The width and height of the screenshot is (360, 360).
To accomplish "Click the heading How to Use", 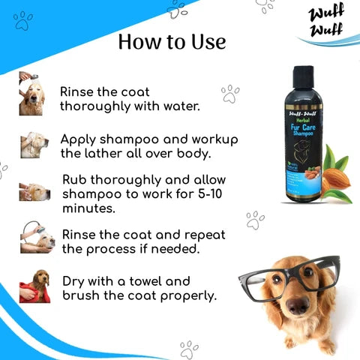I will (x=172, y=42).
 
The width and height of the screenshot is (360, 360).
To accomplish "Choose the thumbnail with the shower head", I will (x=36, y=238).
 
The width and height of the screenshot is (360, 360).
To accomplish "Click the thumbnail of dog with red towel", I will (x=34, y=285).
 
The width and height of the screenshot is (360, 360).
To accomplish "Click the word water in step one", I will (x=180, y=106).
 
